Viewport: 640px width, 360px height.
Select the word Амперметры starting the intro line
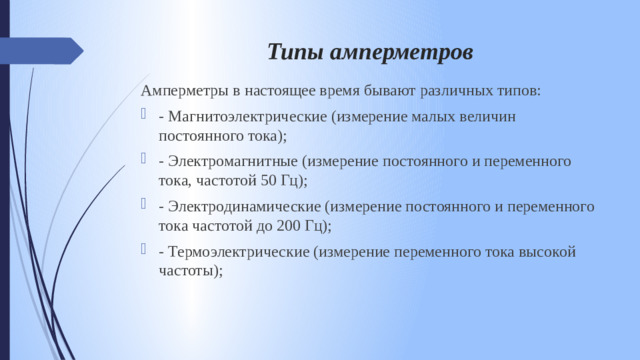pyautogui.click(x=186, y=91)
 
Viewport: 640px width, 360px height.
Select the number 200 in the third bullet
pyautogui.click(x=288, y=225)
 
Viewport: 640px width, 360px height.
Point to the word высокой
pyautogui.click(x=549, y=251)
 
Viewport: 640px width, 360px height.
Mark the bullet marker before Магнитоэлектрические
pyautogui.click(x=146, y=116)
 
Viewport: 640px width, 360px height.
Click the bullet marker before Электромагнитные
pyautogui.click(x=146, y=161)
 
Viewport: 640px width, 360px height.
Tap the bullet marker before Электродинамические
pyautogui.click(x=146, y=206)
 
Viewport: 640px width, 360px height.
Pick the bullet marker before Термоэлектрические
pyautogui.click(x=146, y=251)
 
